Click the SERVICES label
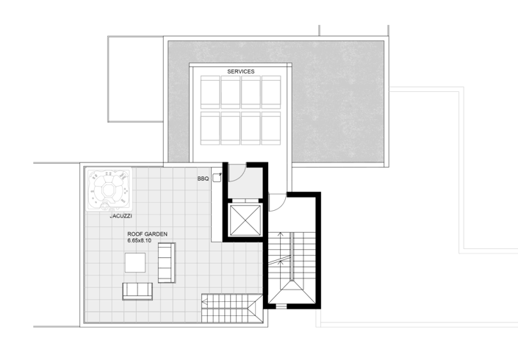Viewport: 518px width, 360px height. tap(241, 71)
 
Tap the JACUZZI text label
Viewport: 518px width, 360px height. tap(120, 217)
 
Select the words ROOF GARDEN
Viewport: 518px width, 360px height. tap(148, 234)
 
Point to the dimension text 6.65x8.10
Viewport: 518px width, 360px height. tap(145, 241)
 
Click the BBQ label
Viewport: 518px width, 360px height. tap(203, 179)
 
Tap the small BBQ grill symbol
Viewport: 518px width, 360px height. tap(217, 178)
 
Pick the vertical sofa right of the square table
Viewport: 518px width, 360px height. tap(167, 262)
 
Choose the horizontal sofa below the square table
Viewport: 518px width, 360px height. tap(137, 291)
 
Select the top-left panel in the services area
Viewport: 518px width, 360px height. tap(210, 93)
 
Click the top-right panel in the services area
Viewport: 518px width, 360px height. tap(271, 93)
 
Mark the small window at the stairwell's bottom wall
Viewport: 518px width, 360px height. tap(292, 303)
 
